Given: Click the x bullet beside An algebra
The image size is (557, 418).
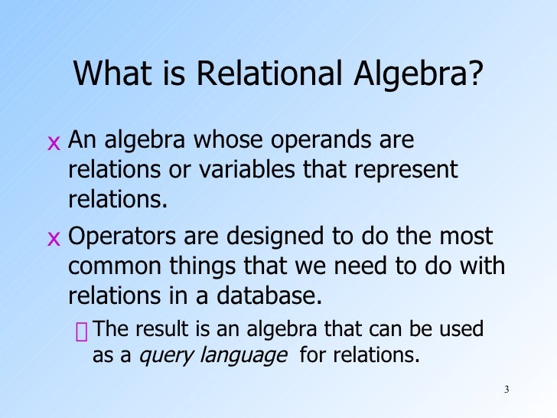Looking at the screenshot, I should pyautogui.click(x=53, y=143).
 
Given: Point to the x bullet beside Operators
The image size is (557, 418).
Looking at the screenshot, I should pyautogui.click(x=53, y=239).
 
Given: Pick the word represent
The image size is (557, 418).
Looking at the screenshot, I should pyautogui.click(x=409, y=170).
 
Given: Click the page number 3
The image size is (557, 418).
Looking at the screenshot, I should pyautogui.click(x=507, y=391).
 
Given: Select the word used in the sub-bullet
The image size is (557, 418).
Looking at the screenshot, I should pyautogui.click(x=464, y=330).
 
